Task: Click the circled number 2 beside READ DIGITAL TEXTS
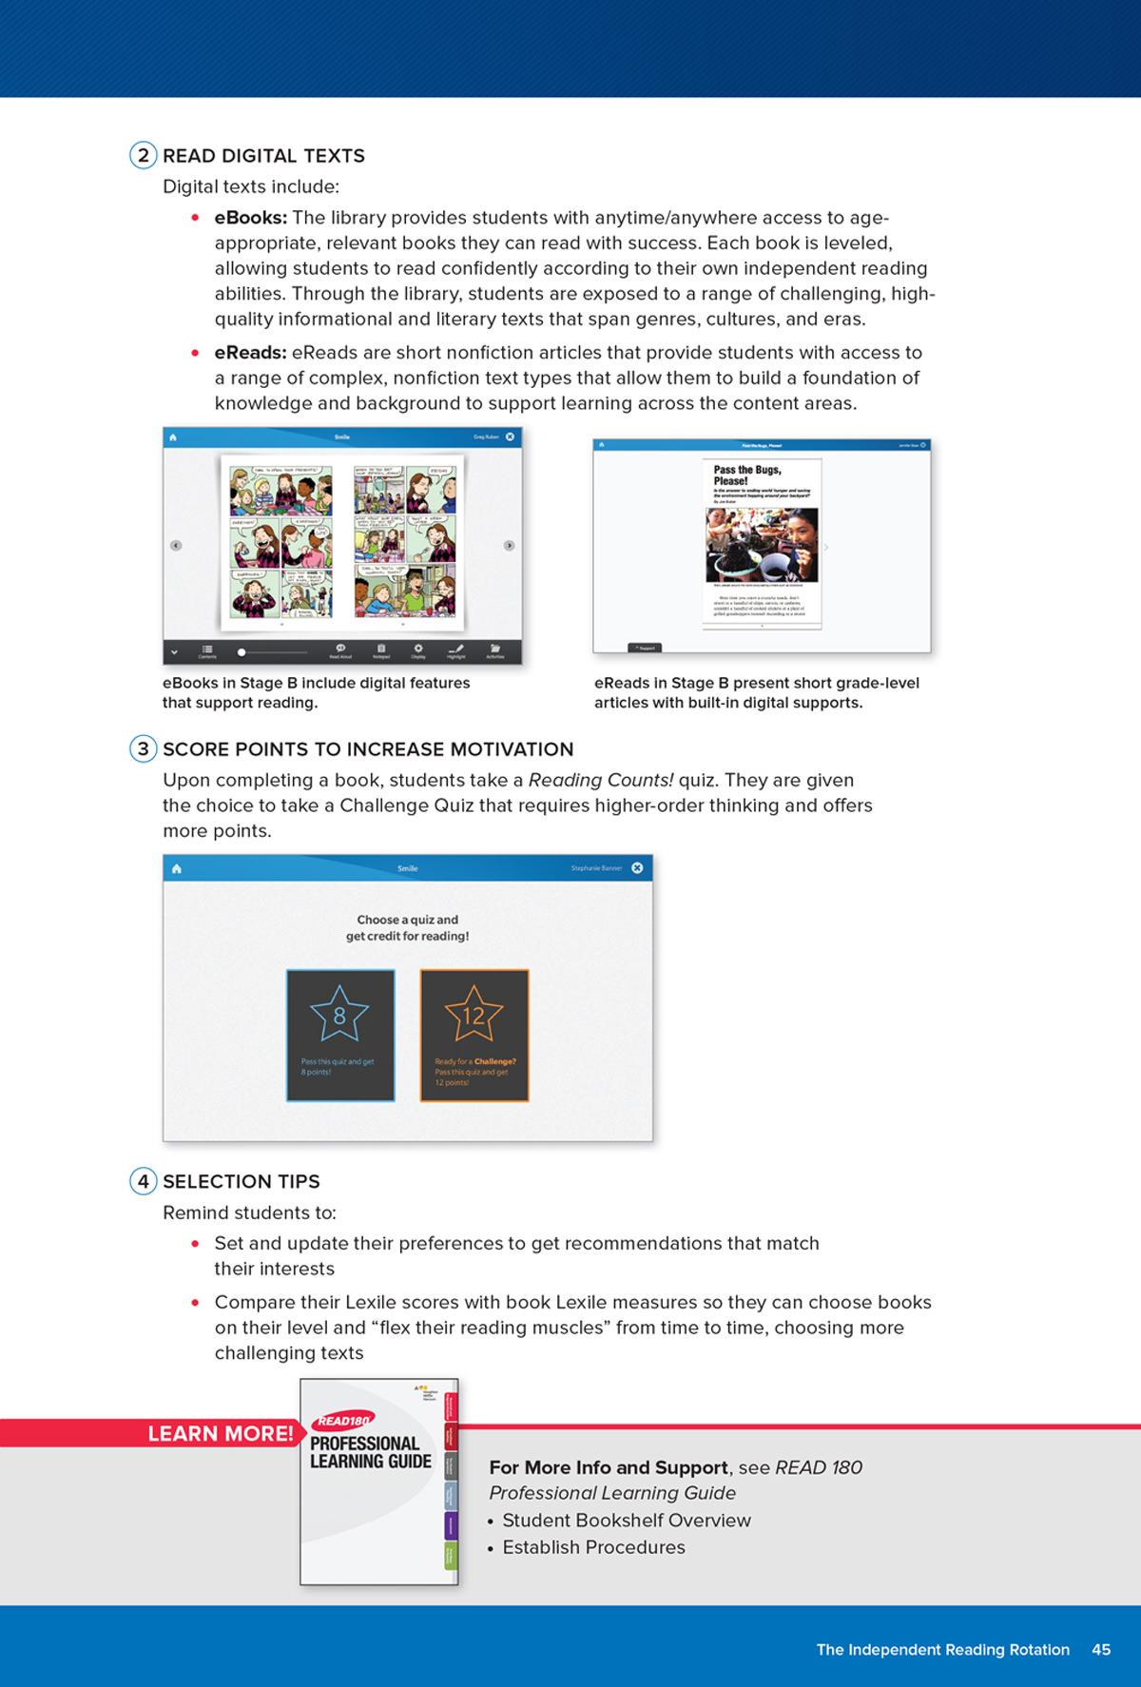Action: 143,155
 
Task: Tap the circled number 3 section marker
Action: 143,748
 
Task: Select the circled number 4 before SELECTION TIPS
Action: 143,1181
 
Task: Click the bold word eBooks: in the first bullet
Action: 250,218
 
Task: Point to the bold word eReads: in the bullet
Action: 250,353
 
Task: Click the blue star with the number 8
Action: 339,1015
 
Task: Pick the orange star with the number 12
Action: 474,1015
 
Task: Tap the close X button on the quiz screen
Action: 637,867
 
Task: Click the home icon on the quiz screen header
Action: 177,868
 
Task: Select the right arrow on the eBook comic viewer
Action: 509,546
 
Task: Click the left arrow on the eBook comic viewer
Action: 176,546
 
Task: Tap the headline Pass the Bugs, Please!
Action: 747,475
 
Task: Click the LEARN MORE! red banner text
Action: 221,1434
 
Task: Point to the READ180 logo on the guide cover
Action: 343,1421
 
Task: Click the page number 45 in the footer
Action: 1101,1650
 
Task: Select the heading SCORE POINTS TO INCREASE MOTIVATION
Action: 368,749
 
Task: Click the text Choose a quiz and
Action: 407,920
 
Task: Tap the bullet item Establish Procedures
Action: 593,1547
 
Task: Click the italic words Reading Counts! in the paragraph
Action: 600,781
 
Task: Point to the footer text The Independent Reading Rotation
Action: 942,1650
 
